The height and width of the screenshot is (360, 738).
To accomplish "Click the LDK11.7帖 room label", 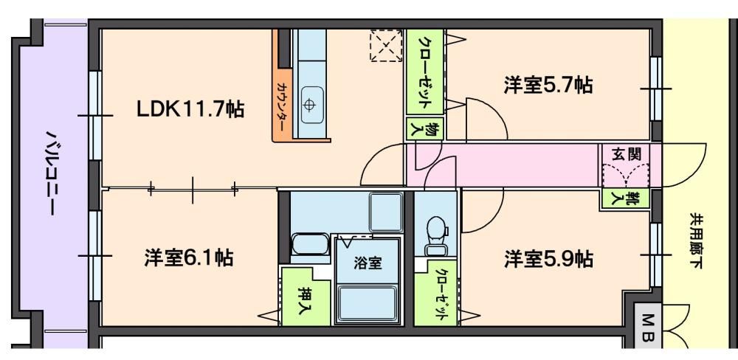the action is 190,110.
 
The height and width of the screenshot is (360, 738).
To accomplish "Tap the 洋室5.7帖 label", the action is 548,85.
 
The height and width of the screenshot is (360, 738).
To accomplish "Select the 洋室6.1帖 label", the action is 189,258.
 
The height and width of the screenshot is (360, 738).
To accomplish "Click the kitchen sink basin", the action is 312,105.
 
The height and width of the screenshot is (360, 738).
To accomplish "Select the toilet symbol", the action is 437,235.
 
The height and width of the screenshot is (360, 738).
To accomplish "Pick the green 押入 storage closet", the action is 305,297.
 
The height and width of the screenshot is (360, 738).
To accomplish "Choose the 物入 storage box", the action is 424,129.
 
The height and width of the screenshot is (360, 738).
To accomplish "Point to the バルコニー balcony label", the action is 50,173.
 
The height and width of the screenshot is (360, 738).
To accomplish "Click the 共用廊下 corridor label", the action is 696,240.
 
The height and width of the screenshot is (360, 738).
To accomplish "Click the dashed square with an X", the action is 386,46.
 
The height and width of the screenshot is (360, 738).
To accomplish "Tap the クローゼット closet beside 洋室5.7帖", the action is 425,72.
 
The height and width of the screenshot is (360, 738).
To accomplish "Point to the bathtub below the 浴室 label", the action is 368,305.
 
